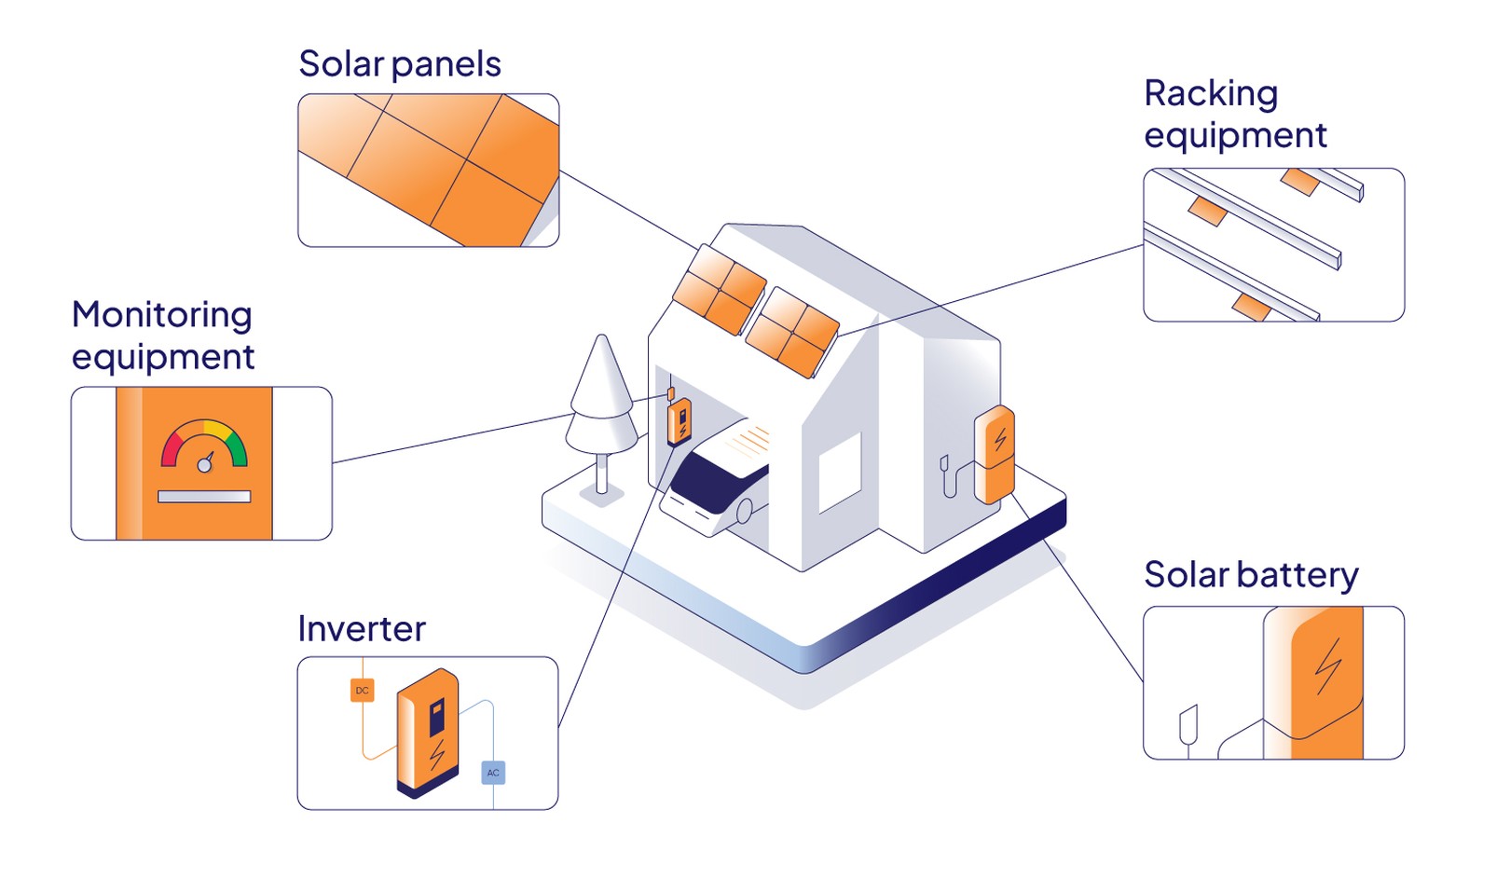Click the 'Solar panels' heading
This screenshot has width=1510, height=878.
[x=399, y=64]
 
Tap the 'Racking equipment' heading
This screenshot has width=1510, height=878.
[x=1234, y=114]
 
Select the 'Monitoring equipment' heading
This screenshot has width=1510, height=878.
[x=162, y=336]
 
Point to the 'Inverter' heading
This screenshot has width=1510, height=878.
[x=361, y=629]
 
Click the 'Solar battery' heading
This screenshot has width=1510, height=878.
[x=1250, y=575]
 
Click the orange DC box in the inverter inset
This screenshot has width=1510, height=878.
[x=363, y=691]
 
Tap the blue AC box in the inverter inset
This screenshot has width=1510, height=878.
[x=493, y=773]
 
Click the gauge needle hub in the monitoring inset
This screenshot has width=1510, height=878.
[x=204, y=465]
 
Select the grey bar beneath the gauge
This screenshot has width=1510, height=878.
[x=204, y=497]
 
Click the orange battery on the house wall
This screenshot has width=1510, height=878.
[x=995, y=454]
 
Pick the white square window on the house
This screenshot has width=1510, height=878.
[x=839, y=473]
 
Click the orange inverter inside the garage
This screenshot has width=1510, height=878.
[x=679, y=422]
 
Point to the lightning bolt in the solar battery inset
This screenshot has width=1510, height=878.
[x=1328, y=667]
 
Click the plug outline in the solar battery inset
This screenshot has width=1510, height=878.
[x=1187, y=725]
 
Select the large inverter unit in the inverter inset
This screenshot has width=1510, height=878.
[x=427, y=733]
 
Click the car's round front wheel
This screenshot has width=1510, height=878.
[x=744, y=511]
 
